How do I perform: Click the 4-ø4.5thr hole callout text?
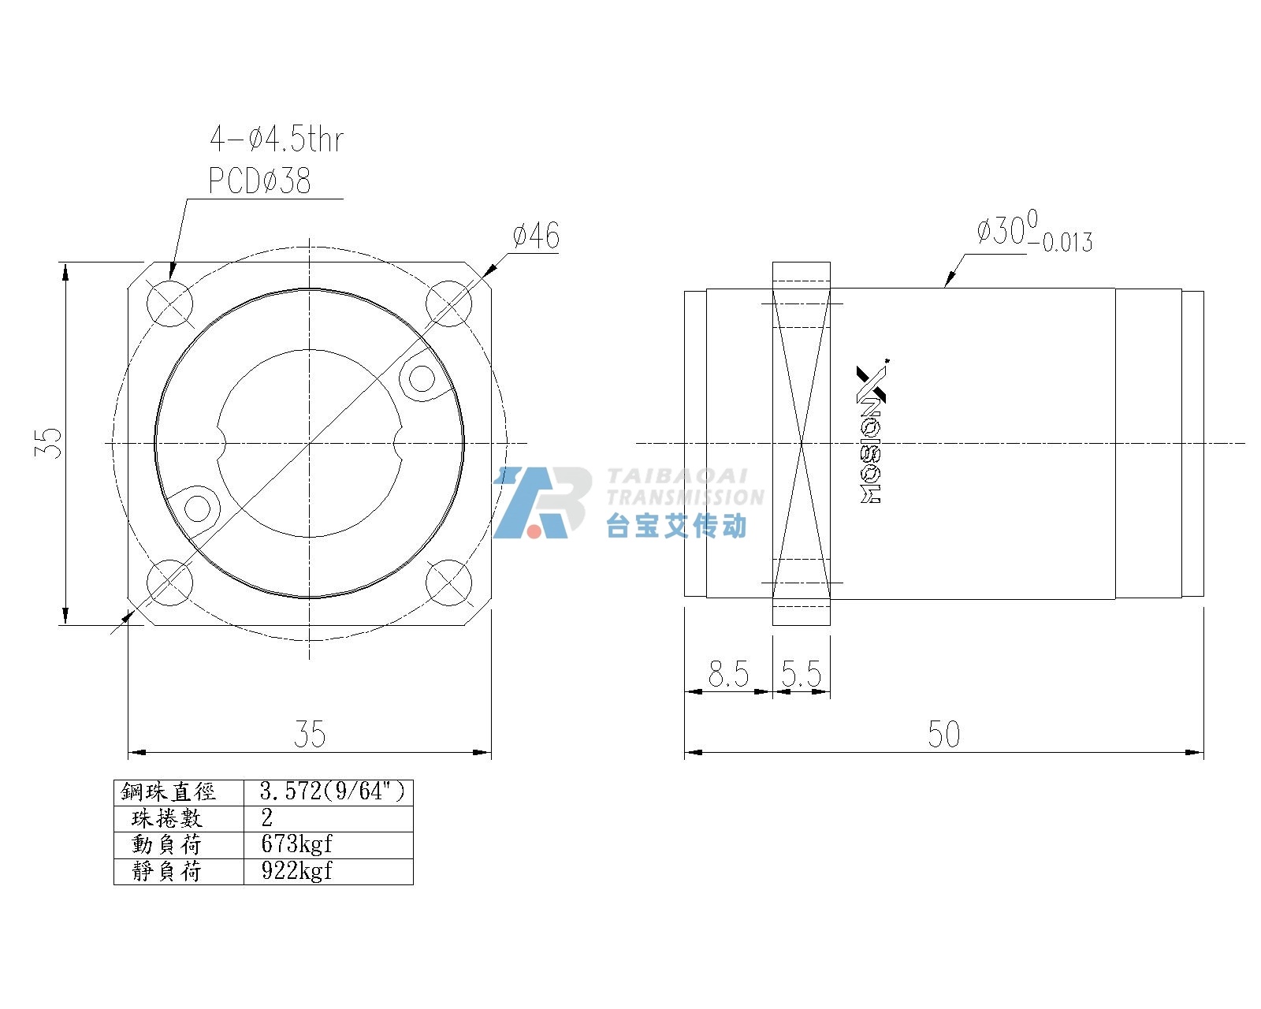pyautogui.click(x=277, y=140)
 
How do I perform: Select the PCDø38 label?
pyautogui.click(x=259, y=181)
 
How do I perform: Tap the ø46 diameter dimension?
pyautogui.click(x=536, y=236)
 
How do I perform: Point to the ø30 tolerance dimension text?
pyautogui.click(x=1034, y=232)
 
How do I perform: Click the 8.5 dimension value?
pyautogui.click(x=728, y=674)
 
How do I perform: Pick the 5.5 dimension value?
pyautogui.click(x=801, y=674)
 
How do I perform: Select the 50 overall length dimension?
pyautogui.click(x=943, y=734)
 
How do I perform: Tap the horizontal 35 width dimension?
pyautogui.click(x=310, y=734)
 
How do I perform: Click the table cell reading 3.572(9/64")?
pyautogui.click(x=333, y=792)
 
